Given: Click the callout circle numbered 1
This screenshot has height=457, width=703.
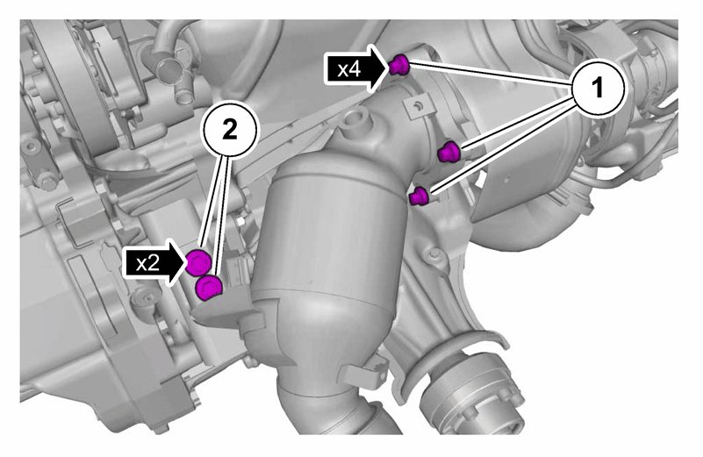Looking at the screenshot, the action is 598,89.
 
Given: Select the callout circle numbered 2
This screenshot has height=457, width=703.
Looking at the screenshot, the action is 230,131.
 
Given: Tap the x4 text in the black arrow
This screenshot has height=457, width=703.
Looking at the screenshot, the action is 349,69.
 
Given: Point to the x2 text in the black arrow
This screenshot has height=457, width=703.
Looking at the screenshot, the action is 147,263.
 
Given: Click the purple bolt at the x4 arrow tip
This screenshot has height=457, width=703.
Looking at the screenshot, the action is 398,65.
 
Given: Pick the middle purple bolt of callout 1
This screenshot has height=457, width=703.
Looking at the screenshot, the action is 448,152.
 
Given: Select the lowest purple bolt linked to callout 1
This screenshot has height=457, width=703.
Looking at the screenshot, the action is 420,196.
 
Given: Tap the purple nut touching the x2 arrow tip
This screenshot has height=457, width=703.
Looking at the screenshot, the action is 198,263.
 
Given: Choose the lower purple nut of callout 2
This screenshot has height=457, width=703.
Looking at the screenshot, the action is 209,287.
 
